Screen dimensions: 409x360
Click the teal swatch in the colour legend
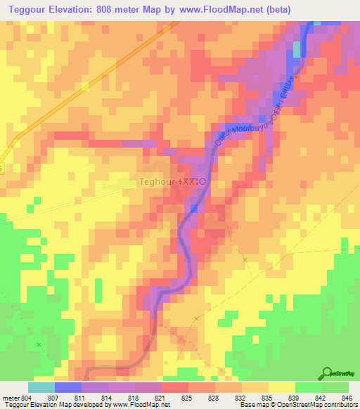(x=41, y=387)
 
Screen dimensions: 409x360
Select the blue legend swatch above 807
(x=67, y=387)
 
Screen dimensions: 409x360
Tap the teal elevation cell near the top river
(x=297, y=48)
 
